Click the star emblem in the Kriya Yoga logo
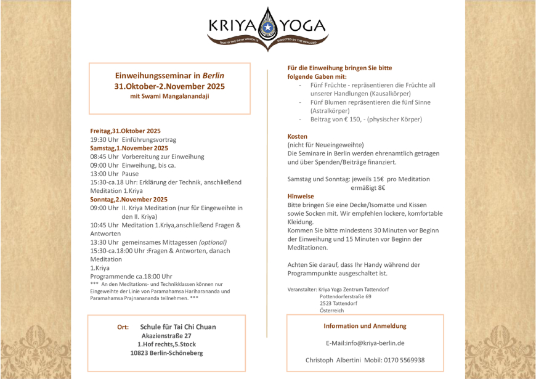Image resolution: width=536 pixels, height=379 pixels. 267,27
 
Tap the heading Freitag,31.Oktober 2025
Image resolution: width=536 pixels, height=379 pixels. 125,131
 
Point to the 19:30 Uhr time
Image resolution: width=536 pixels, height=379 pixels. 104,139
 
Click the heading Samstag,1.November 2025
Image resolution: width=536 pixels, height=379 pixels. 129,148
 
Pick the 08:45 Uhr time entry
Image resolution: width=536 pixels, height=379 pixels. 104,157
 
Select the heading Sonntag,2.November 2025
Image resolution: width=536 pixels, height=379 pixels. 129,200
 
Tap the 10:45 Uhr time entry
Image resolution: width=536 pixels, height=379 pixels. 104,225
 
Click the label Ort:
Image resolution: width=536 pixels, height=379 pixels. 123,327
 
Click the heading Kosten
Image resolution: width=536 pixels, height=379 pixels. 297,136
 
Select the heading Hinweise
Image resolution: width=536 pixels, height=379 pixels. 301,196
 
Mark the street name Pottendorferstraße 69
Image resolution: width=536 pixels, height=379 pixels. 346,296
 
